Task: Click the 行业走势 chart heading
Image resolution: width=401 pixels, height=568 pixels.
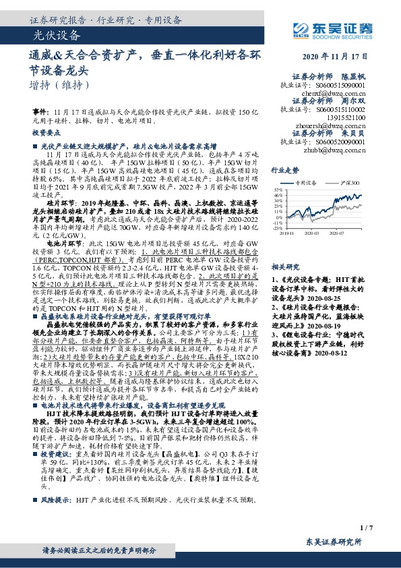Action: coord(285,171)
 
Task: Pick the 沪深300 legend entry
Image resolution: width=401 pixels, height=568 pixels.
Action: coord(351,183)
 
